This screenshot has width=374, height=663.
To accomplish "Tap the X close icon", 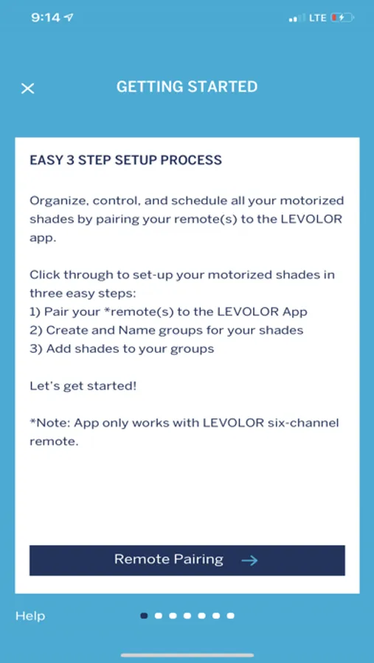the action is pos(27,88).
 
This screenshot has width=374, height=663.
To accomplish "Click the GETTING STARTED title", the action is pos(187,87).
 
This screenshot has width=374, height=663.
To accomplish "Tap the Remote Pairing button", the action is pos(187,561).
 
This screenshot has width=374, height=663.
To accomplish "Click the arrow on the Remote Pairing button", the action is pos(249,561).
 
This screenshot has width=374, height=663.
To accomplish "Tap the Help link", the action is pos(30,616).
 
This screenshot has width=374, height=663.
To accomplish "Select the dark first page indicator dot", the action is pos(144,616).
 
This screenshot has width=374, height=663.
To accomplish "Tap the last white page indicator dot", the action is pos(230,616).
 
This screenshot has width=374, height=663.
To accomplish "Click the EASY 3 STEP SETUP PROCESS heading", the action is pos(126,161).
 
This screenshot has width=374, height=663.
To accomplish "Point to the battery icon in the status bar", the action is pos(342,18).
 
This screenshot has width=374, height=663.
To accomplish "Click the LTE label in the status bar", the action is pos(318,18).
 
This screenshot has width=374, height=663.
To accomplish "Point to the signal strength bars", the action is pos(297,18).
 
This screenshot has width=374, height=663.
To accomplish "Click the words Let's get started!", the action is pos(83,386).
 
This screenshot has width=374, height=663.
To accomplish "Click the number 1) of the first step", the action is pos(35,312).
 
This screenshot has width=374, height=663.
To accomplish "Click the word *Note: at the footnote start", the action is pos(50,424).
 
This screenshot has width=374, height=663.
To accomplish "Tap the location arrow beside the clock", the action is pos(69,18).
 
